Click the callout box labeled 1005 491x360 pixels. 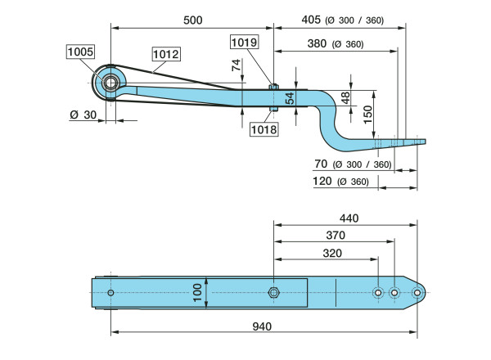[x=81, y=52]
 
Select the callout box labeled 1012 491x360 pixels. [x=166, y=54]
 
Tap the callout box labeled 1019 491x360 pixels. [x=244, y=42]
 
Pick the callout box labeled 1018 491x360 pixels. [x=264, y=128]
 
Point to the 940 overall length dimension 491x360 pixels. [x=261, y=326]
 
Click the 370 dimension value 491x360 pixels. [x=335, y=236]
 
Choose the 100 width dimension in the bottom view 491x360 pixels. [x=197, y=292]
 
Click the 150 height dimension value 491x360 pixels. [x=369, y=111]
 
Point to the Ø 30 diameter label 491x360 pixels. [x=83, y=115]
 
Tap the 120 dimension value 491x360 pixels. [x=324, y=182]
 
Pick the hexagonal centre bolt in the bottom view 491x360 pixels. [x=274, y=293]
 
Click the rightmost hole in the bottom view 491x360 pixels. [x=416, y=292]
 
